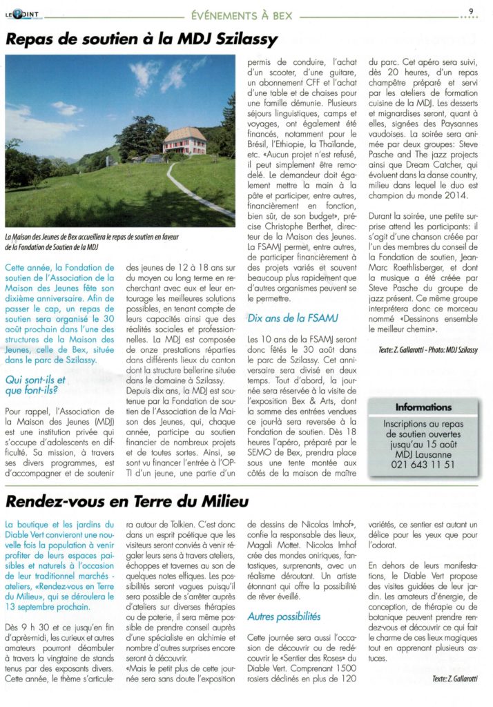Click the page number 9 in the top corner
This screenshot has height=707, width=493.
(x=470, y=10)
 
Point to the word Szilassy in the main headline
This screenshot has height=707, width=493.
(x=241, y=39)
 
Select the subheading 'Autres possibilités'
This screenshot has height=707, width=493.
(x=284, y=614)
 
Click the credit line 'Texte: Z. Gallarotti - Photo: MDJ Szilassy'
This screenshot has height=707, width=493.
(x=427, y=351)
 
